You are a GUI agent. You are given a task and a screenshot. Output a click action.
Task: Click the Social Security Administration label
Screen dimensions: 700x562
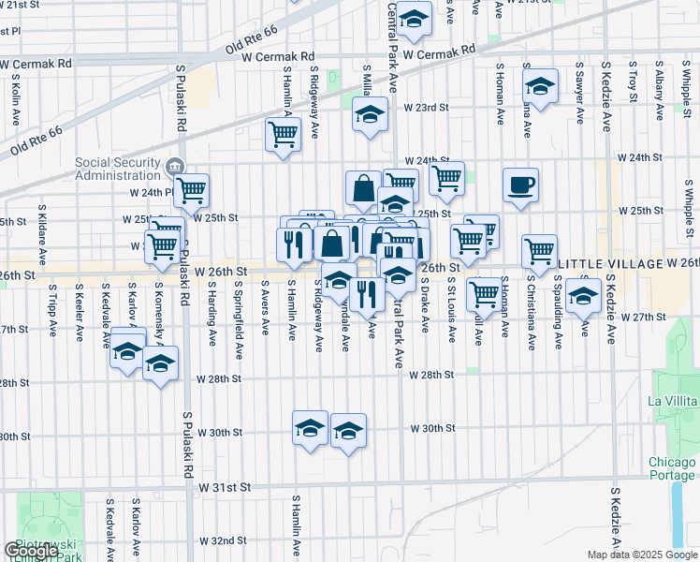coord(118,169)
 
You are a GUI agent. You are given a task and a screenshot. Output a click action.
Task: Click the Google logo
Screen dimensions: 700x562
coord(31,551)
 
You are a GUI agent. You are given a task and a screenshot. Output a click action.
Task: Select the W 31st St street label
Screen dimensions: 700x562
coord(225,487)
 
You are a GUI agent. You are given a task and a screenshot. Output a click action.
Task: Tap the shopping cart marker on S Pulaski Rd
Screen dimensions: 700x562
coord(191,189)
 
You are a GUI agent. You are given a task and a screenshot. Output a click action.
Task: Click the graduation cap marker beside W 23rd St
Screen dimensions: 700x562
coord(371,115)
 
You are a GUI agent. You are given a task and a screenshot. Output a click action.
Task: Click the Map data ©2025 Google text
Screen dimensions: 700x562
coord(644,555)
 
